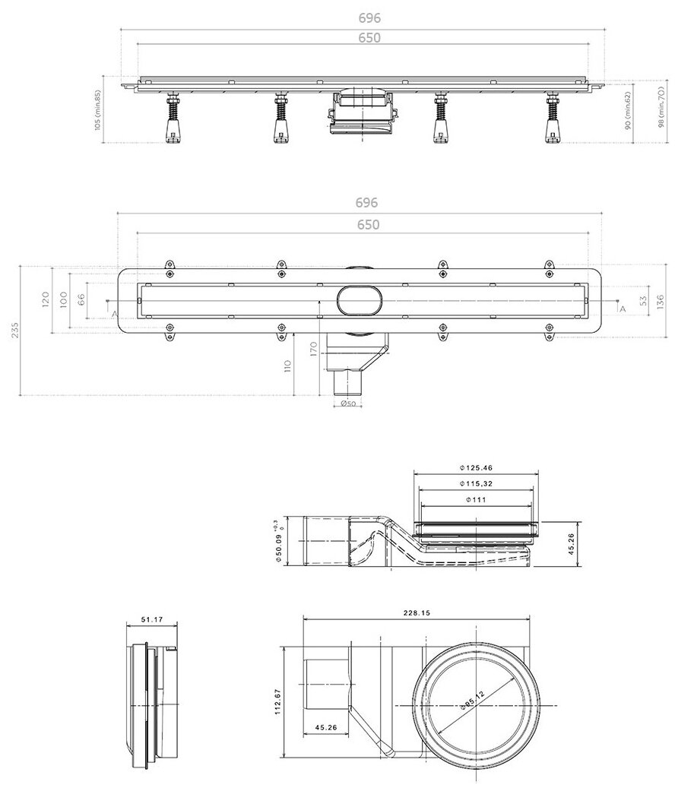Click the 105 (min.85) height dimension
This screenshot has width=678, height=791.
point(98,110)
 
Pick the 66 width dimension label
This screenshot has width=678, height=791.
point(80,299)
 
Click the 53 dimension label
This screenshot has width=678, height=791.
point(643,299)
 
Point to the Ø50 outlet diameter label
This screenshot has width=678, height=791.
point(347,403)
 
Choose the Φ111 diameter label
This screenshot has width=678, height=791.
point(476,499)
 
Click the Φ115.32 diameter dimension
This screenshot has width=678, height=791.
point(476,483)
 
